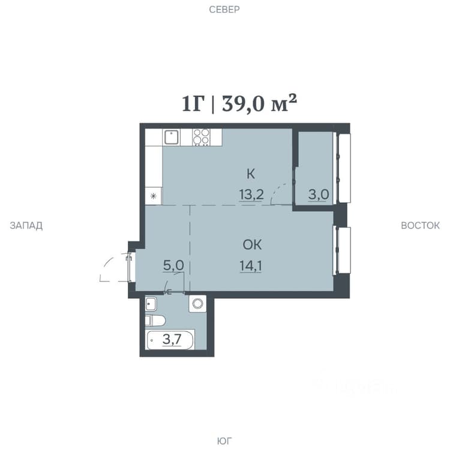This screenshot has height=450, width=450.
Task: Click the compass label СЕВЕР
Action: pos(224,10)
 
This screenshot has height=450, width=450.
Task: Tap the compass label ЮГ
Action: pos(224,441)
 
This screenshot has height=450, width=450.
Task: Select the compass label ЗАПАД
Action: pos(26,226)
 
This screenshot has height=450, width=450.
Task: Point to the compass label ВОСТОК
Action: pos(420,226)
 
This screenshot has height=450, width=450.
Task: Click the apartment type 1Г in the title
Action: pos(194,104)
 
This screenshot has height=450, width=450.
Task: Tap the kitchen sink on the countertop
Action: pos(172,137)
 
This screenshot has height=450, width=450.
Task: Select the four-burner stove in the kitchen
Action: pos(201,137)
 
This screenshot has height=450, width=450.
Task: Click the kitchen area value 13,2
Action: pos(251,195)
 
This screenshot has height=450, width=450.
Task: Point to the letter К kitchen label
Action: pos(251,174)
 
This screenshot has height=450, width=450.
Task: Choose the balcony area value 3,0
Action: pos(319,194)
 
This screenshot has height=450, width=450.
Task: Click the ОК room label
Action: pos(252,245)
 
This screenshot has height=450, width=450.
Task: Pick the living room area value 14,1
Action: pos(251,266)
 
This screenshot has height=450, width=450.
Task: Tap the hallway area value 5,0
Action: pos(173,265)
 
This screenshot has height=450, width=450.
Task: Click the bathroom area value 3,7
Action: pos(172,340)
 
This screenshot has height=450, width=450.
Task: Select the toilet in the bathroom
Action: pos(155,321)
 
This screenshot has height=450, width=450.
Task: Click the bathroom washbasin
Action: pos(151,304)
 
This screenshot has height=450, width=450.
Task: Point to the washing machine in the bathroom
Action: pos(197,304)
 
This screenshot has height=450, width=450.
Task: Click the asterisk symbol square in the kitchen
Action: pos(154,196)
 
